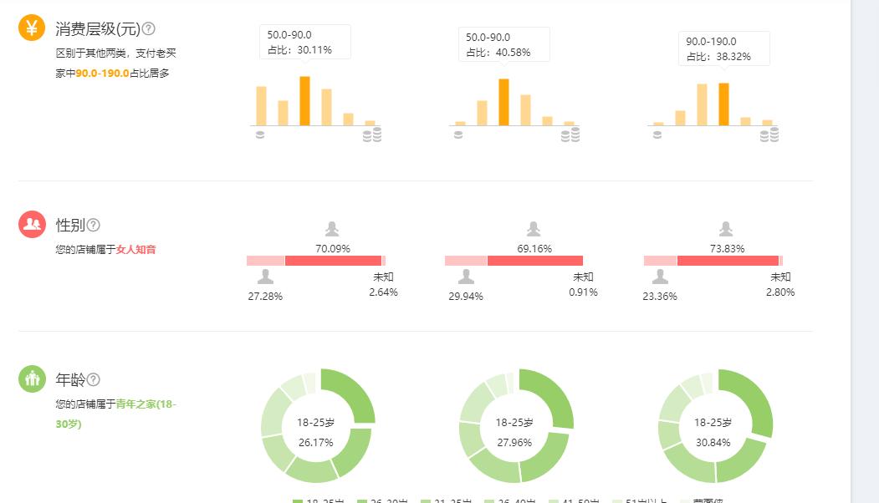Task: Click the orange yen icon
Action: pyautogui.click(x=32, y=28)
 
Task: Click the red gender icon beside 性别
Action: pyautogui.click(x=32, y=224)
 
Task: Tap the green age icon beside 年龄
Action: pyautogui.click(x=32, y=379)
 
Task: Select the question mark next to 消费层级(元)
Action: pyautogui.click(x=149, y=28)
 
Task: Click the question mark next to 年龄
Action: pyautogui.click(x=94, y=379)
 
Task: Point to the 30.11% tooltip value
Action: pyautogui.click(x=315, y=50)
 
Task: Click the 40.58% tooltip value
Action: pyautogui.click(x=514, y=53)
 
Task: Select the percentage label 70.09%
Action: pyautogui.click(x=333, y=248)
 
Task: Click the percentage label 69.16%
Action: pyautogui.click(x=534, y=248)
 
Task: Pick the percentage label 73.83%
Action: pyautogui.click(x=726, y=248)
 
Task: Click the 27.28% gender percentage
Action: pyautogui.click(x=265, y=297)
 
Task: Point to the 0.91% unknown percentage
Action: pyautogui.click(x=583, y=292)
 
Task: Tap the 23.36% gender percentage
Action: pyautogui.click(x=660, y=297)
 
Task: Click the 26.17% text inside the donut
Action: pyautogui.click(x=315, y=442)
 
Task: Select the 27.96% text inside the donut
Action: pyautogui.click(x=514, y=442)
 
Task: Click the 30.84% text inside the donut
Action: pyautogui.click(x=713, y=442)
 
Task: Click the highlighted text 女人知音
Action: pyautogui.click(x=135, y=249)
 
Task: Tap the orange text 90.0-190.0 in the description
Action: pyautogui.click(x=102, y=74)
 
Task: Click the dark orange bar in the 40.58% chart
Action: pyautogui.click(x=503, y=102)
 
